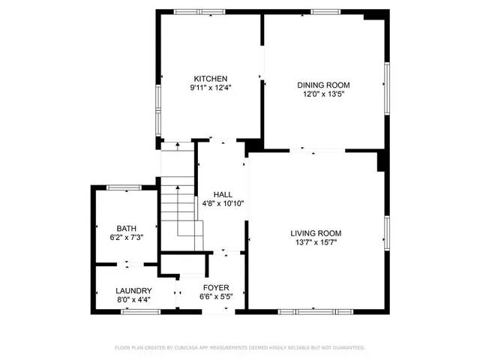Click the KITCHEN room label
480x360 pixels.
tap(210, 79)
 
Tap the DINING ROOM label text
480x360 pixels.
tap(323, 85)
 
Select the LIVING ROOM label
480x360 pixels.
tap(316, 232)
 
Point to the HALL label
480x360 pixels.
tap(223, 193)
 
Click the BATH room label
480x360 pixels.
tap(125, 229)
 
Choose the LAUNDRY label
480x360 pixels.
tap(133, 290)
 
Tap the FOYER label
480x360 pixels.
tap(216, 287)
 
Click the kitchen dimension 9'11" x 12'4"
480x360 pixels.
tap(210, 88)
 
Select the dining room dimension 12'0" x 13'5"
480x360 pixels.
tap(323, 94)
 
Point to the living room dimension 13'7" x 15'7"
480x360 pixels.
tap(316, 242)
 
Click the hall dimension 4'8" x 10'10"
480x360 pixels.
tap(223, 203)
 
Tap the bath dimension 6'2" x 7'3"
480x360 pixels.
tap(125, 238)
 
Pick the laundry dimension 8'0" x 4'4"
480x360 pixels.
tap(133, 299)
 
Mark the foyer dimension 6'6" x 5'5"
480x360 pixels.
tap(216, 296)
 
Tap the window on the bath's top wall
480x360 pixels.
tap(124, 187)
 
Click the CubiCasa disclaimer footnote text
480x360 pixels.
tap(239, 348)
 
